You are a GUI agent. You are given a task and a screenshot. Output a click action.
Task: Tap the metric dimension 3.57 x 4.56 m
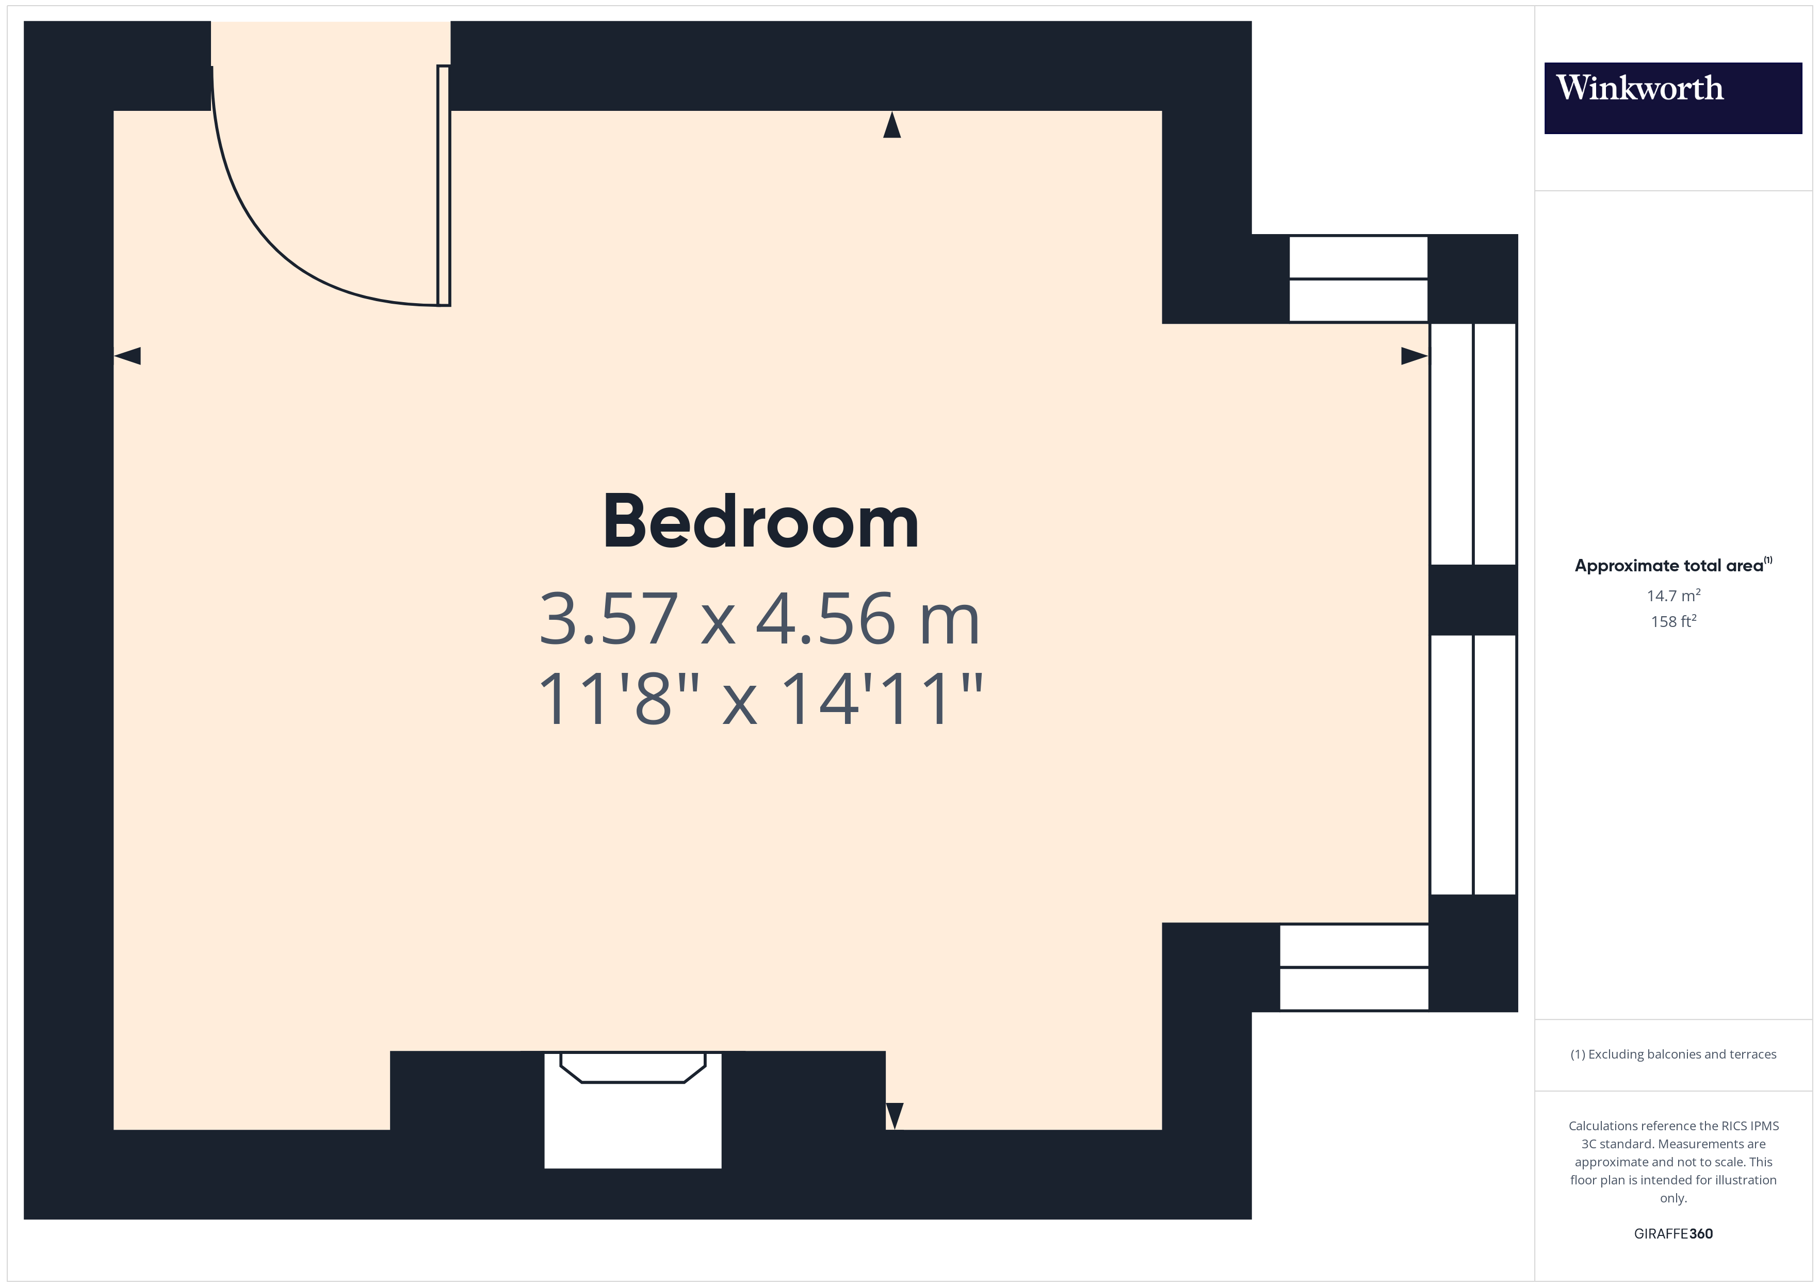[759, 618]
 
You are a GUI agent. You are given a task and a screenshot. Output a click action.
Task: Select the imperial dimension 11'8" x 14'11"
[759, 698]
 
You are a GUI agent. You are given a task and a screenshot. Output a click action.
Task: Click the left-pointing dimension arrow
[127, 356]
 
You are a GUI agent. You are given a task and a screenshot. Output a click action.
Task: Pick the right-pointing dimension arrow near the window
[1414, 356]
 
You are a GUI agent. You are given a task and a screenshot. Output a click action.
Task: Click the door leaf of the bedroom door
[444, 186]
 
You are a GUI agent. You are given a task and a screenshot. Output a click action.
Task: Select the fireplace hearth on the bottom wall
[632, 1110]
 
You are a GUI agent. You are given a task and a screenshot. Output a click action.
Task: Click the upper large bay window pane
[1473, 444]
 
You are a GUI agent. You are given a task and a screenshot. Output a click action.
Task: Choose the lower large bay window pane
[1473, 765]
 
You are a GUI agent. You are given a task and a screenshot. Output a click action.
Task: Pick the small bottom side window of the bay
[1354, 967]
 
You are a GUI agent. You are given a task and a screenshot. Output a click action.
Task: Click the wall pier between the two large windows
[1473, 600]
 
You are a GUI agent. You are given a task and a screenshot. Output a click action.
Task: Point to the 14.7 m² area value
[1673, 595]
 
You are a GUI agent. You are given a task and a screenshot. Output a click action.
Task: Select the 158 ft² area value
[1673, 621]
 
